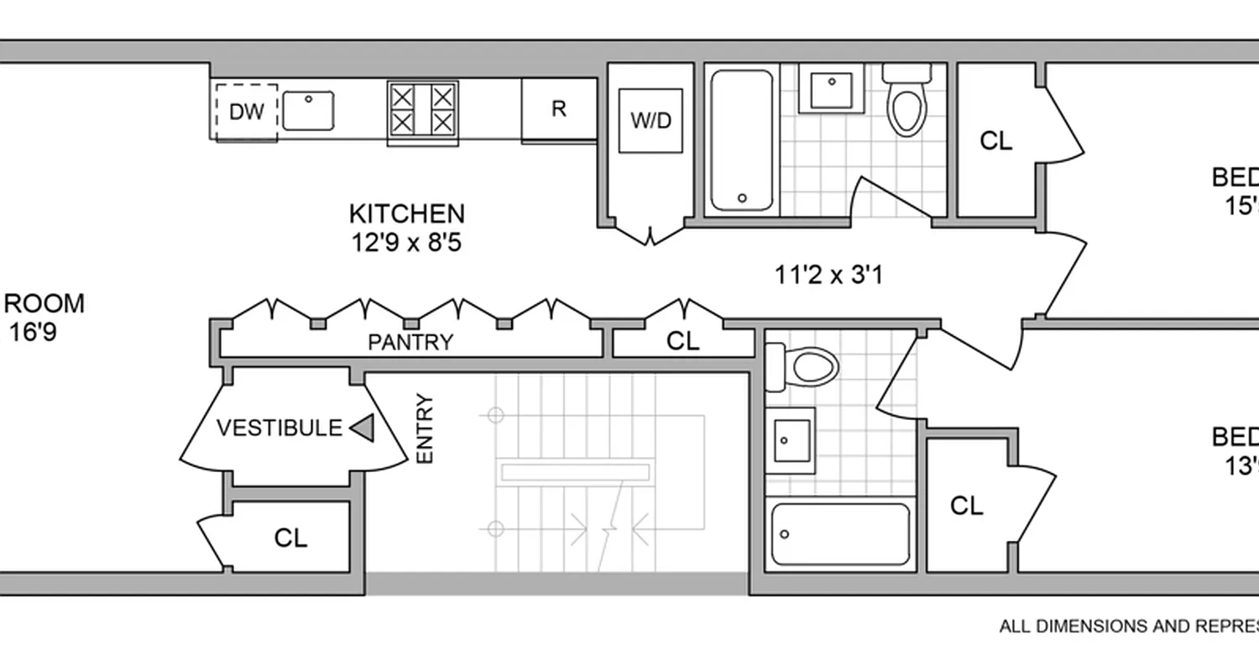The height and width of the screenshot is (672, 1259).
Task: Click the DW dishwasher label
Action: click(246, 112)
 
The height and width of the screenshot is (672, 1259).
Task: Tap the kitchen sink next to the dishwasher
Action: click(308, 111)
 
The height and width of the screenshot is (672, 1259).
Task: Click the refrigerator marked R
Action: click(559, 108)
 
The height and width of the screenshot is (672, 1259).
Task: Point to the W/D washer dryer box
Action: click(650, 120)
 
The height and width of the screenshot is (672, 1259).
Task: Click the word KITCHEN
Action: click(407, 213)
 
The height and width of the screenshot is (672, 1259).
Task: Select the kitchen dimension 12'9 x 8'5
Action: click(407, 243)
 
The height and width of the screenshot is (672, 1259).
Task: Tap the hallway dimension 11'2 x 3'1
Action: click(828, 275)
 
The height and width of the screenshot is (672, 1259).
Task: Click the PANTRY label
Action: click(410, 342)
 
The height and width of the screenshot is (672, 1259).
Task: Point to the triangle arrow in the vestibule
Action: click(363, 428)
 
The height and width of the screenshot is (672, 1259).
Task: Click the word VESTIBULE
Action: click(279, 428)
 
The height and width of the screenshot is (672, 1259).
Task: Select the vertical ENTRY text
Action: click(425, 428)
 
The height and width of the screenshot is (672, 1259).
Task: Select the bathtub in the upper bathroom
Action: click(742, 140)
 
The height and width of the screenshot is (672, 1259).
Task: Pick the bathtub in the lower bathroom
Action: click(840, 534)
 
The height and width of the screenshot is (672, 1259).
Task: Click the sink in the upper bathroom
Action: click(831, 87)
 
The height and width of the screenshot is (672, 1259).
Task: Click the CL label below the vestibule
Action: click(291, 538)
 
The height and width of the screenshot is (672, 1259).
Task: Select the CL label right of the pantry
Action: click(682, 340)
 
